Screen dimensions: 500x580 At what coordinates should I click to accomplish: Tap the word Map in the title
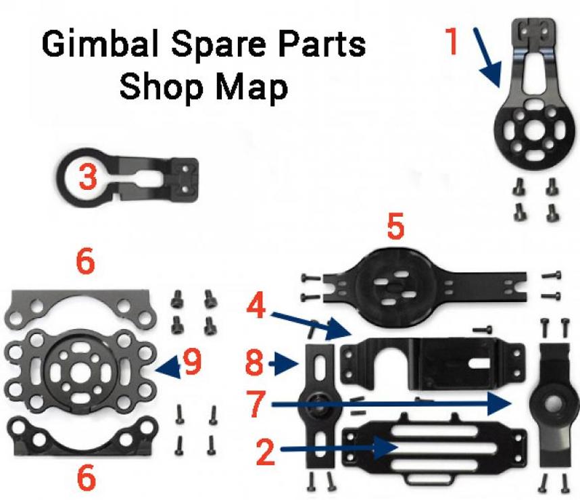(x=255, y=86)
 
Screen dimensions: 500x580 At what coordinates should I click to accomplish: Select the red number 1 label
(x=451, y=42)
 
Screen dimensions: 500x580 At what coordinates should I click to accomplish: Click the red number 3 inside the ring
(x=88, y=178)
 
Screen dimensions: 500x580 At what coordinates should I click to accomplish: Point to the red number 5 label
(x=395, y=228)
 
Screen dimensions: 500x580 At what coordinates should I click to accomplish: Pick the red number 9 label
(x=192, y=363)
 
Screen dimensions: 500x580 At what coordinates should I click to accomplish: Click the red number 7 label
(x=254, y=404)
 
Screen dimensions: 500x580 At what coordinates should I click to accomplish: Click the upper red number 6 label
(x=85, y=262)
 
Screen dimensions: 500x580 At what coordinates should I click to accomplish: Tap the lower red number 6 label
(x=85, y=478)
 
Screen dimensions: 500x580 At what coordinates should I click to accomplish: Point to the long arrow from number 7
(x=392, y=404)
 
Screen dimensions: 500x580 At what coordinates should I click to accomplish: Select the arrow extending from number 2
(x=338, y=448)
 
